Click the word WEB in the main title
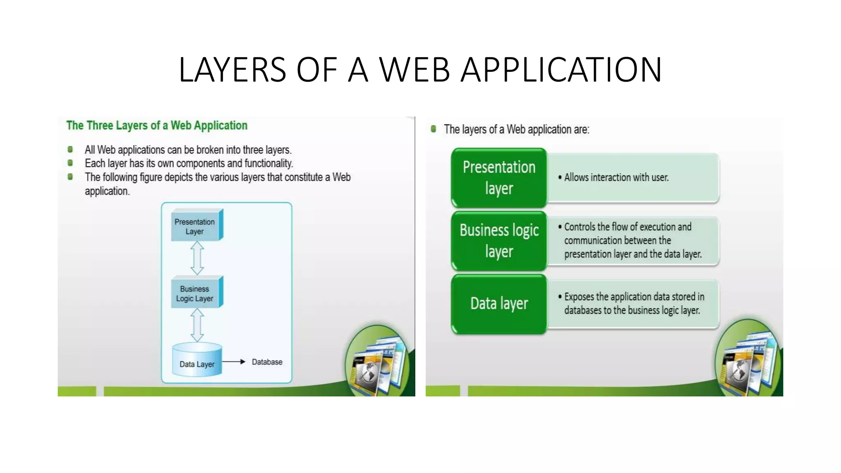414,70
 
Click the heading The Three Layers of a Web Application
157,125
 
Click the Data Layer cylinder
197,360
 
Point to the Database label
267,362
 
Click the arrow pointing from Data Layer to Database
234,362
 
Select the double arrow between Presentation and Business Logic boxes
197,258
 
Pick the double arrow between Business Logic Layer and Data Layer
197,325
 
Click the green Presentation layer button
499,178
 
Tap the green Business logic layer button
499,241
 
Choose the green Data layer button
499,303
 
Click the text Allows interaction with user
616,177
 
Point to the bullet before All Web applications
70,149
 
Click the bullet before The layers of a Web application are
433,129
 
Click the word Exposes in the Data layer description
579,296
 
